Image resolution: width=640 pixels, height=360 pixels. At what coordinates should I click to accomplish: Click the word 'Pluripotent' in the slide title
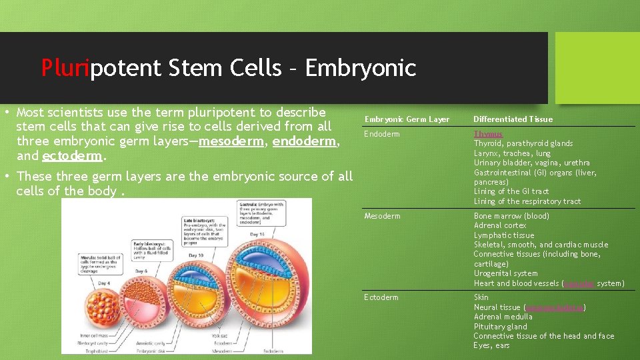(x=100, y=68)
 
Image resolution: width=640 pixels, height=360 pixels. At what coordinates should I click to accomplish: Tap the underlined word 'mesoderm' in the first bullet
(x=233, y=141)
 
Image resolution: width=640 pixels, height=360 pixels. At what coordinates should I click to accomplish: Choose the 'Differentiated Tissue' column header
(x=513, y=119)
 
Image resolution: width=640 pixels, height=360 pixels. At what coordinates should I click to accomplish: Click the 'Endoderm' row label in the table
(x=382, y=134)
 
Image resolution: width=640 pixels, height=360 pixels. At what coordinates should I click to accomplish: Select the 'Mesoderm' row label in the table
(x=382, y=216)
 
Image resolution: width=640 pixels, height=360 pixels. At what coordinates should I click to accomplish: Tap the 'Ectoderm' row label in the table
(x=381, y=297)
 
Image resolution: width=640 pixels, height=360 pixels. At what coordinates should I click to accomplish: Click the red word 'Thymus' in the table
(x=488, y=134)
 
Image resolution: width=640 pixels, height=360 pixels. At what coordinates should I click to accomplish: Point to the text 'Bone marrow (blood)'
(x=511, y=216)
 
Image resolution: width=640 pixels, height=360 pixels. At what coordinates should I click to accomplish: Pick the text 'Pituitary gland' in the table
(x=500, y=327)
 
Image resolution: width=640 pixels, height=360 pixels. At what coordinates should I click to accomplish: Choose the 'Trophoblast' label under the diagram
(x=92, y=351)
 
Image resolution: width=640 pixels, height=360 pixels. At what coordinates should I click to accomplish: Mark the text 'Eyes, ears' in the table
(x=491, y=346)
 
